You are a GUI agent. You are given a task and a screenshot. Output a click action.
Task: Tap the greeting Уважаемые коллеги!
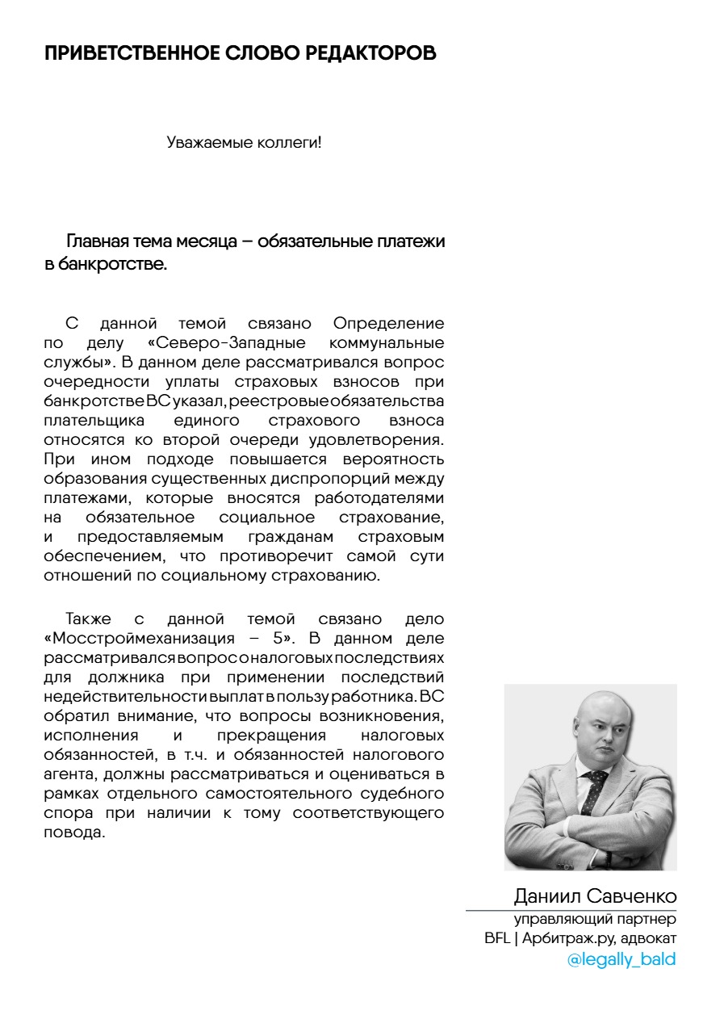[244, 143]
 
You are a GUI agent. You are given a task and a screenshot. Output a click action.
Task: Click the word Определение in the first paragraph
[388, 324]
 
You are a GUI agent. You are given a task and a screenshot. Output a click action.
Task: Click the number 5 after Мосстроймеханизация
[278, 638]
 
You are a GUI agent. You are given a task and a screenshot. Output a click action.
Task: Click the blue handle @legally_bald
[621, 960]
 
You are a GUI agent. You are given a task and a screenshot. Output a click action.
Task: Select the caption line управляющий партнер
[596, 920]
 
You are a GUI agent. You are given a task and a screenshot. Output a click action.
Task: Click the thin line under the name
[570, 910]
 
